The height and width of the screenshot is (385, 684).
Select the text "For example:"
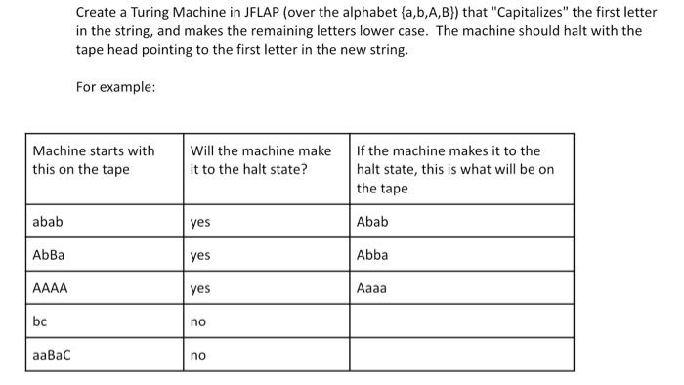click(115, 87)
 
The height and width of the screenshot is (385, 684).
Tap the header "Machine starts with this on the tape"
click(94, 160)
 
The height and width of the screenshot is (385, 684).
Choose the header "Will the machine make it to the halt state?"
click(261, 160)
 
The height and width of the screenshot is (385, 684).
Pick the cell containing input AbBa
click(49, 255)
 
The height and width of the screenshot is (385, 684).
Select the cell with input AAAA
click(50, 288)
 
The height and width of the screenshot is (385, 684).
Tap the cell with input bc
click(40, 321)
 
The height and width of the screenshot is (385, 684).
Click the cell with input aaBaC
click(52, 355)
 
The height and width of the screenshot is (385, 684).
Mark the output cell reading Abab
click(372, 222)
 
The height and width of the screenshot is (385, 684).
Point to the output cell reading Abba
click(372, 255)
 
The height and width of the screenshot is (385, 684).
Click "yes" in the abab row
click(200, 223)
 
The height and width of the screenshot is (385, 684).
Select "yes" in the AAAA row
click(200, 289)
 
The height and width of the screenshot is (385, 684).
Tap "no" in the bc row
click(197, 321)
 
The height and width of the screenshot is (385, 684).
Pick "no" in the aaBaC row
click(197, 355)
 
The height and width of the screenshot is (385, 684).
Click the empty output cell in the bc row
click(461, 321)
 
